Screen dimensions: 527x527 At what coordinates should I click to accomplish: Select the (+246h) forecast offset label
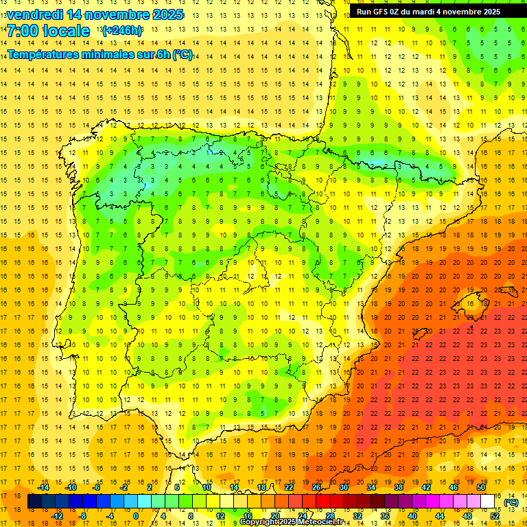tap(123, 31)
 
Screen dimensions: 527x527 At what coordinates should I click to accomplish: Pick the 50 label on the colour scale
tap(481, 487)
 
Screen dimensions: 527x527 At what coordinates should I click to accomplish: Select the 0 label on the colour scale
tap(135, 516)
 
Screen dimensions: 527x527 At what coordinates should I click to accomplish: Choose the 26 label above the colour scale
tap(316, 487)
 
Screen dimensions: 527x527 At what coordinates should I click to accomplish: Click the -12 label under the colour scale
tap(57, 516)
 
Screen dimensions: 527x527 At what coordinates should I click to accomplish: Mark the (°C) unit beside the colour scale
tap(511, 502)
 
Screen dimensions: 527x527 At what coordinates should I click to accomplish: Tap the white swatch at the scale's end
tap(488, 502)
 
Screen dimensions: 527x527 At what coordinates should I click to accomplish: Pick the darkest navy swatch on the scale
tap(34, 502)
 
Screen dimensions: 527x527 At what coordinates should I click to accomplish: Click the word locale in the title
tap(66, 31)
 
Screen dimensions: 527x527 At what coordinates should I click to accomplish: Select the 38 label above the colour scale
tap(399, 487)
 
